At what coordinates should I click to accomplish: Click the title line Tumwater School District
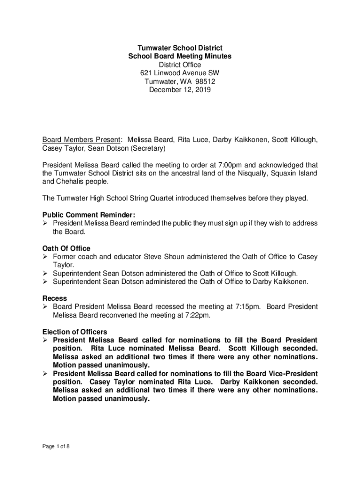pos(180,48)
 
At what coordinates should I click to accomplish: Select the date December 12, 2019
pos(180,90)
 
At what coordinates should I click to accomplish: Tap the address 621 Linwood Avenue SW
pos(180,73)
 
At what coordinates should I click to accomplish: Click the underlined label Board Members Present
pos(81,140)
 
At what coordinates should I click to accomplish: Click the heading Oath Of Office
pos(66,248)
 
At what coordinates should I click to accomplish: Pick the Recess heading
pos(55,298)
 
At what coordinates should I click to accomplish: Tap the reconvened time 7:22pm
pos(197,315)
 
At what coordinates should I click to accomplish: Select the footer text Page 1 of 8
pos(56,446)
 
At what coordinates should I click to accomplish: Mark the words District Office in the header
pos(180,65)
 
